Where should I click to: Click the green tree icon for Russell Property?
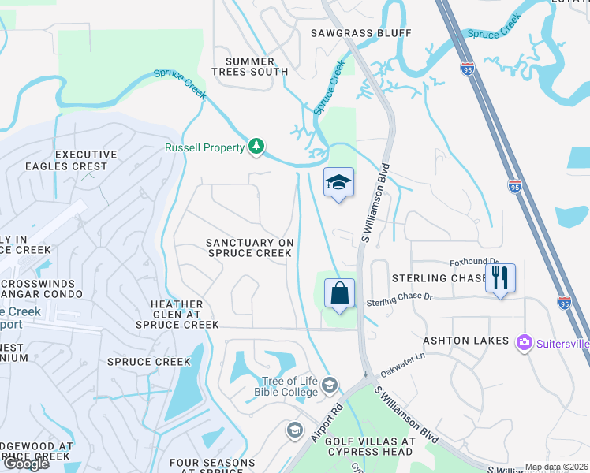click(256, 146)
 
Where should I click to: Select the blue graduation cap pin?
click(339, 183)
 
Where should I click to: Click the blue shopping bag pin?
click(339, 294)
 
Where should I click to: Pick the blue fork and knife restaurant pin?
click(500, 278)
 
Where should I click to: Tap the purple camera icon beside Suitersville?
click(524, 343)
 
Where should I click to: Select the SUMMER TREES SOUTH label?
click(250, 66)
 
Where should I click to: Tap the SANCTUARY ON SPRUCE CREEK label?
click(249, 248)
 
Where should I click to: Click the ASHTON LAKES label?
click(462, 341)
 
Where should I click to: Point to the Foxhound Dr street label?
click(474, 262)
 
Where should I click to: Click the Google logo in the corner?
click(26, 463)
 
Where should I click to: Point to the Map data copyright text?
click(556, 467)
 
